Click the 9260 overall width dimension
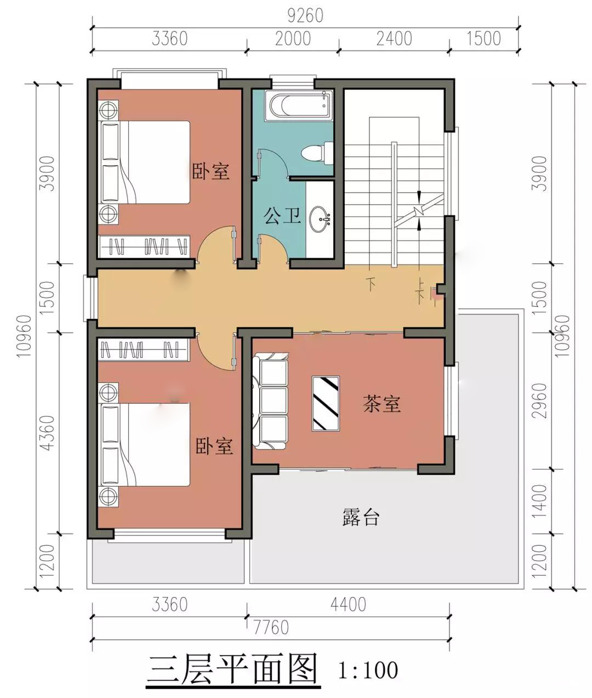pyautogui.click(x=305, y=15)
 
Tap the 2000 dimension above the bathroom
pyautogui.click(x=293, y=38)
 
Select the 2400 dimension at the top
pyautogui.click(x=394, y=38)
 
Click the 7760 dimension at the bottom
pyautogui.click(x=271, y=627)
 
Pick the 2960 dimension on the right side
pyautogui.click(x=539, y=401)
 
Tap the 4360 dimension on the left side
pyautogui.click(x=47, y=433)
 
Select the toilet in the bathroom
pyautogui.click(x=317, y=153)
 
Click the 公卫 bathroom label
pyautogui.click(x=282, y=216)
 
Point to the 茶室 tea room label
pyautogui.click(x=382, y=404)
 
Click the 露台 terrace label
pyautogui.click(x=361, y=517)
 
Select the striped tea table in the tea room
pyautogui.click(x=326, y=403)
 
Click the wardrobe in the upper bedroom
pyautogui.click(x=144, y=246)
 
